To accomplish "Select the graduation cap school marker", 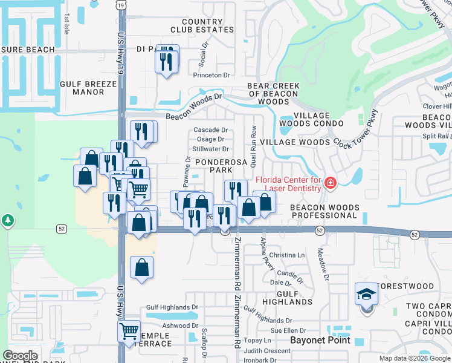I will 366,294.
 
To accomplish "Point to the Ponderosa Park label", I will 213,166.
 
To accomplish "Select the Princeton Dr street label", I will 211,76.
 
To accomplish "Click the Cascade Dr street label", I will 210,130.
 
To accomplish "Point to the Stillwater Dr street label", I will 210,149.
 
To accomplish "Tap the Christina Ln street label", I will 286,256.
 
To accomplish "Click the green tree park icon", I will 7,220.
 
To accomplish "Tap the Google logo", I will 20,356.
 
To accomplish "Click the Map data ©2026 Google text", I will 415,358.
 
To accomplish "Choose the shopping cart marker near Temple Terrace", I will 129,332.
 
